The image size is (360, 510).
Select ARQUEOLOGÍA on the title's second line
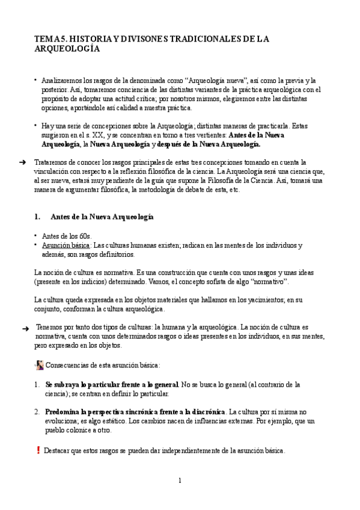click(67, 50)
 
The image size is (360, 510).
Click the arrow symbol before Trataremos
click(22, 163)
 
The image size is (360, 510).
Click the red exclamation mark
click(38, 450)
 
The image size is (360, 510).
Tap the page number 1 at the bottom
click(179, 480)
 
